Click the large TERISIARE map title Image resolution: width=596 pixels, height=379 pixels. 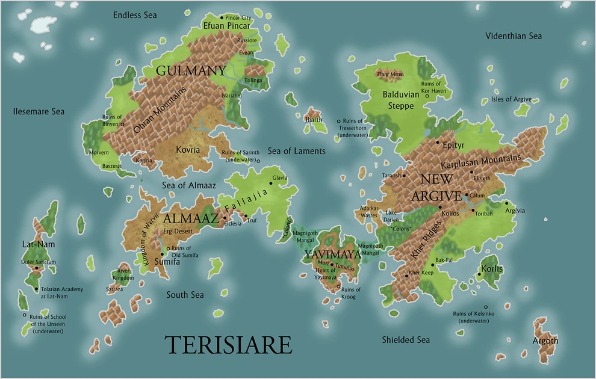point(228,345)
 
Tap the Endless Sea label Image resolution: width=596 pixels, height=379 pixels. point(135,15)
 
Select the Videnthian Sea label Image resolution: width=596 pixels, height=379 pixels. point(514,36)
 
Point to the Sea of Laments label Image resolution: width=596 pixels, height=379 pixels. point(296,151)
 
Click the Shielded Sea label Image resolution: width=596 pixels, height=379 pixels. point(406,340)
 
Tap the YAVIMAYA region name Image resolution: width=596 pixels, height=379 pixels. point(332,254)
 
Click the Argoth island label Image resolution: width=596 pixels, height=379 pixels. point(545,340)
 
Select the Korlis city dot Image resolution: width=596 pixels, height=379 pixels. point(479,275)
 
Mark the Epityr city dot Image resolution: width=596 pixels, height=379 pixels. point(438,142)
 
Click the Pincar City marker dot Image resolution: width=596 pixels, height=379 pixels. point(222,17)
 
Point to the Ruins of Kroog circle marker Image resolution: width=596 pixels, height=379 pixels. point(338,286)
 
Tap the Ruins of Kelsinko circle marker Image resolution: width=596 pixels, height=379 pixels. point(486,307)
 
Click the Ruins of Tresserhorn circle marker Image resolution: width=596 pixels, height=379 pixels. point(338,121)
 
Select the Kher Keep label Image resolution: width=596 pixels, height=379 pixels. point(421,273)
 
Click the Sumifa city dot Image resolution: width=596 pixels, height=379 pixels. point(162,254)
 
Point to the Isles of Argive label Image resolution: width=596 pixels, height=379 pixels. point(511,99)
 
